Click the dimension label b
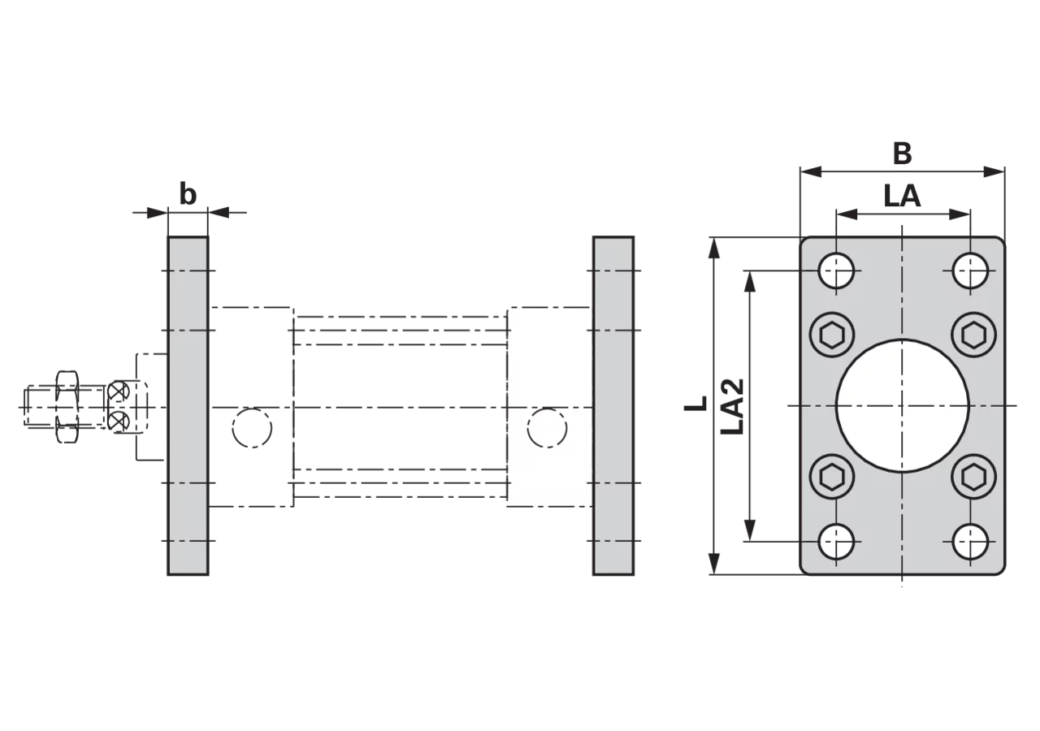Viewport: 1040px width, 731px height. coord(188,194)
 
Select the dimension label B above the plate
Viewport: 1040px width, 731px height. coord(902,154)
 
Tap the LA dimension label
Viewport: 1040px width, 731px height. coord(902,196)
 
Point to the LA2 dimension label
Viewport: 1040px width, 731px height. coord(732,407)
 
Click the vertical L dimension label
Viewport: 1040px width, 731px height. coord(695,404)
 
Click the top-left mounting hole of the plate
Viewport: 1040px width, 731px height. coord(836,270)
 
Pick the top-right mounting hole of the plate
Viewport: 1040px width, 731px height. coord(970,270)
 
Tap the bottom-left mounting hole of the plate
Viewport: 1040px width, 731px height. coord(836,541)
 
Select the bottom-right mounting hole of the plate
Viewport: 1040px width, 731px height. coord(970,541)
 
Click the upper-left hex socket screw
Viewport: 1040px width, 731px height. coord(832,335)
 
